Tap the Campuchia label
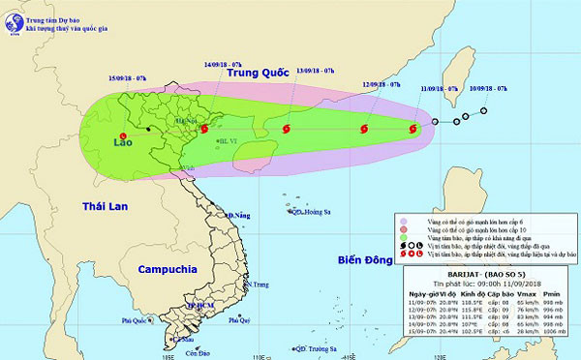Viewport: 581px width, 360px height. (167, 268)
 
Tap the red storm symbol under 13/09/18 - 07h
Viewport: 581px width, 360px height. (287, 128)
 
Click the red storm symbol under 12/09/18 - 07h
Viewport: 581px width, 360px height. (364, 128)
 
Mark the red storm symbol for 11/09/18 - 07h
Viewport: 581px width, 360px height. (413, 127)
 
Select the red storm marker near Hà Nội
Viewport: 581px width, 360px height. (203, 128)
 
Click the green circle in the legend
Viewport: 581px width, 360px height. (402, 238)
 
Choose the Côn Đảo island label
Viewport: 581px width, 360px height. (188, 352)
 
